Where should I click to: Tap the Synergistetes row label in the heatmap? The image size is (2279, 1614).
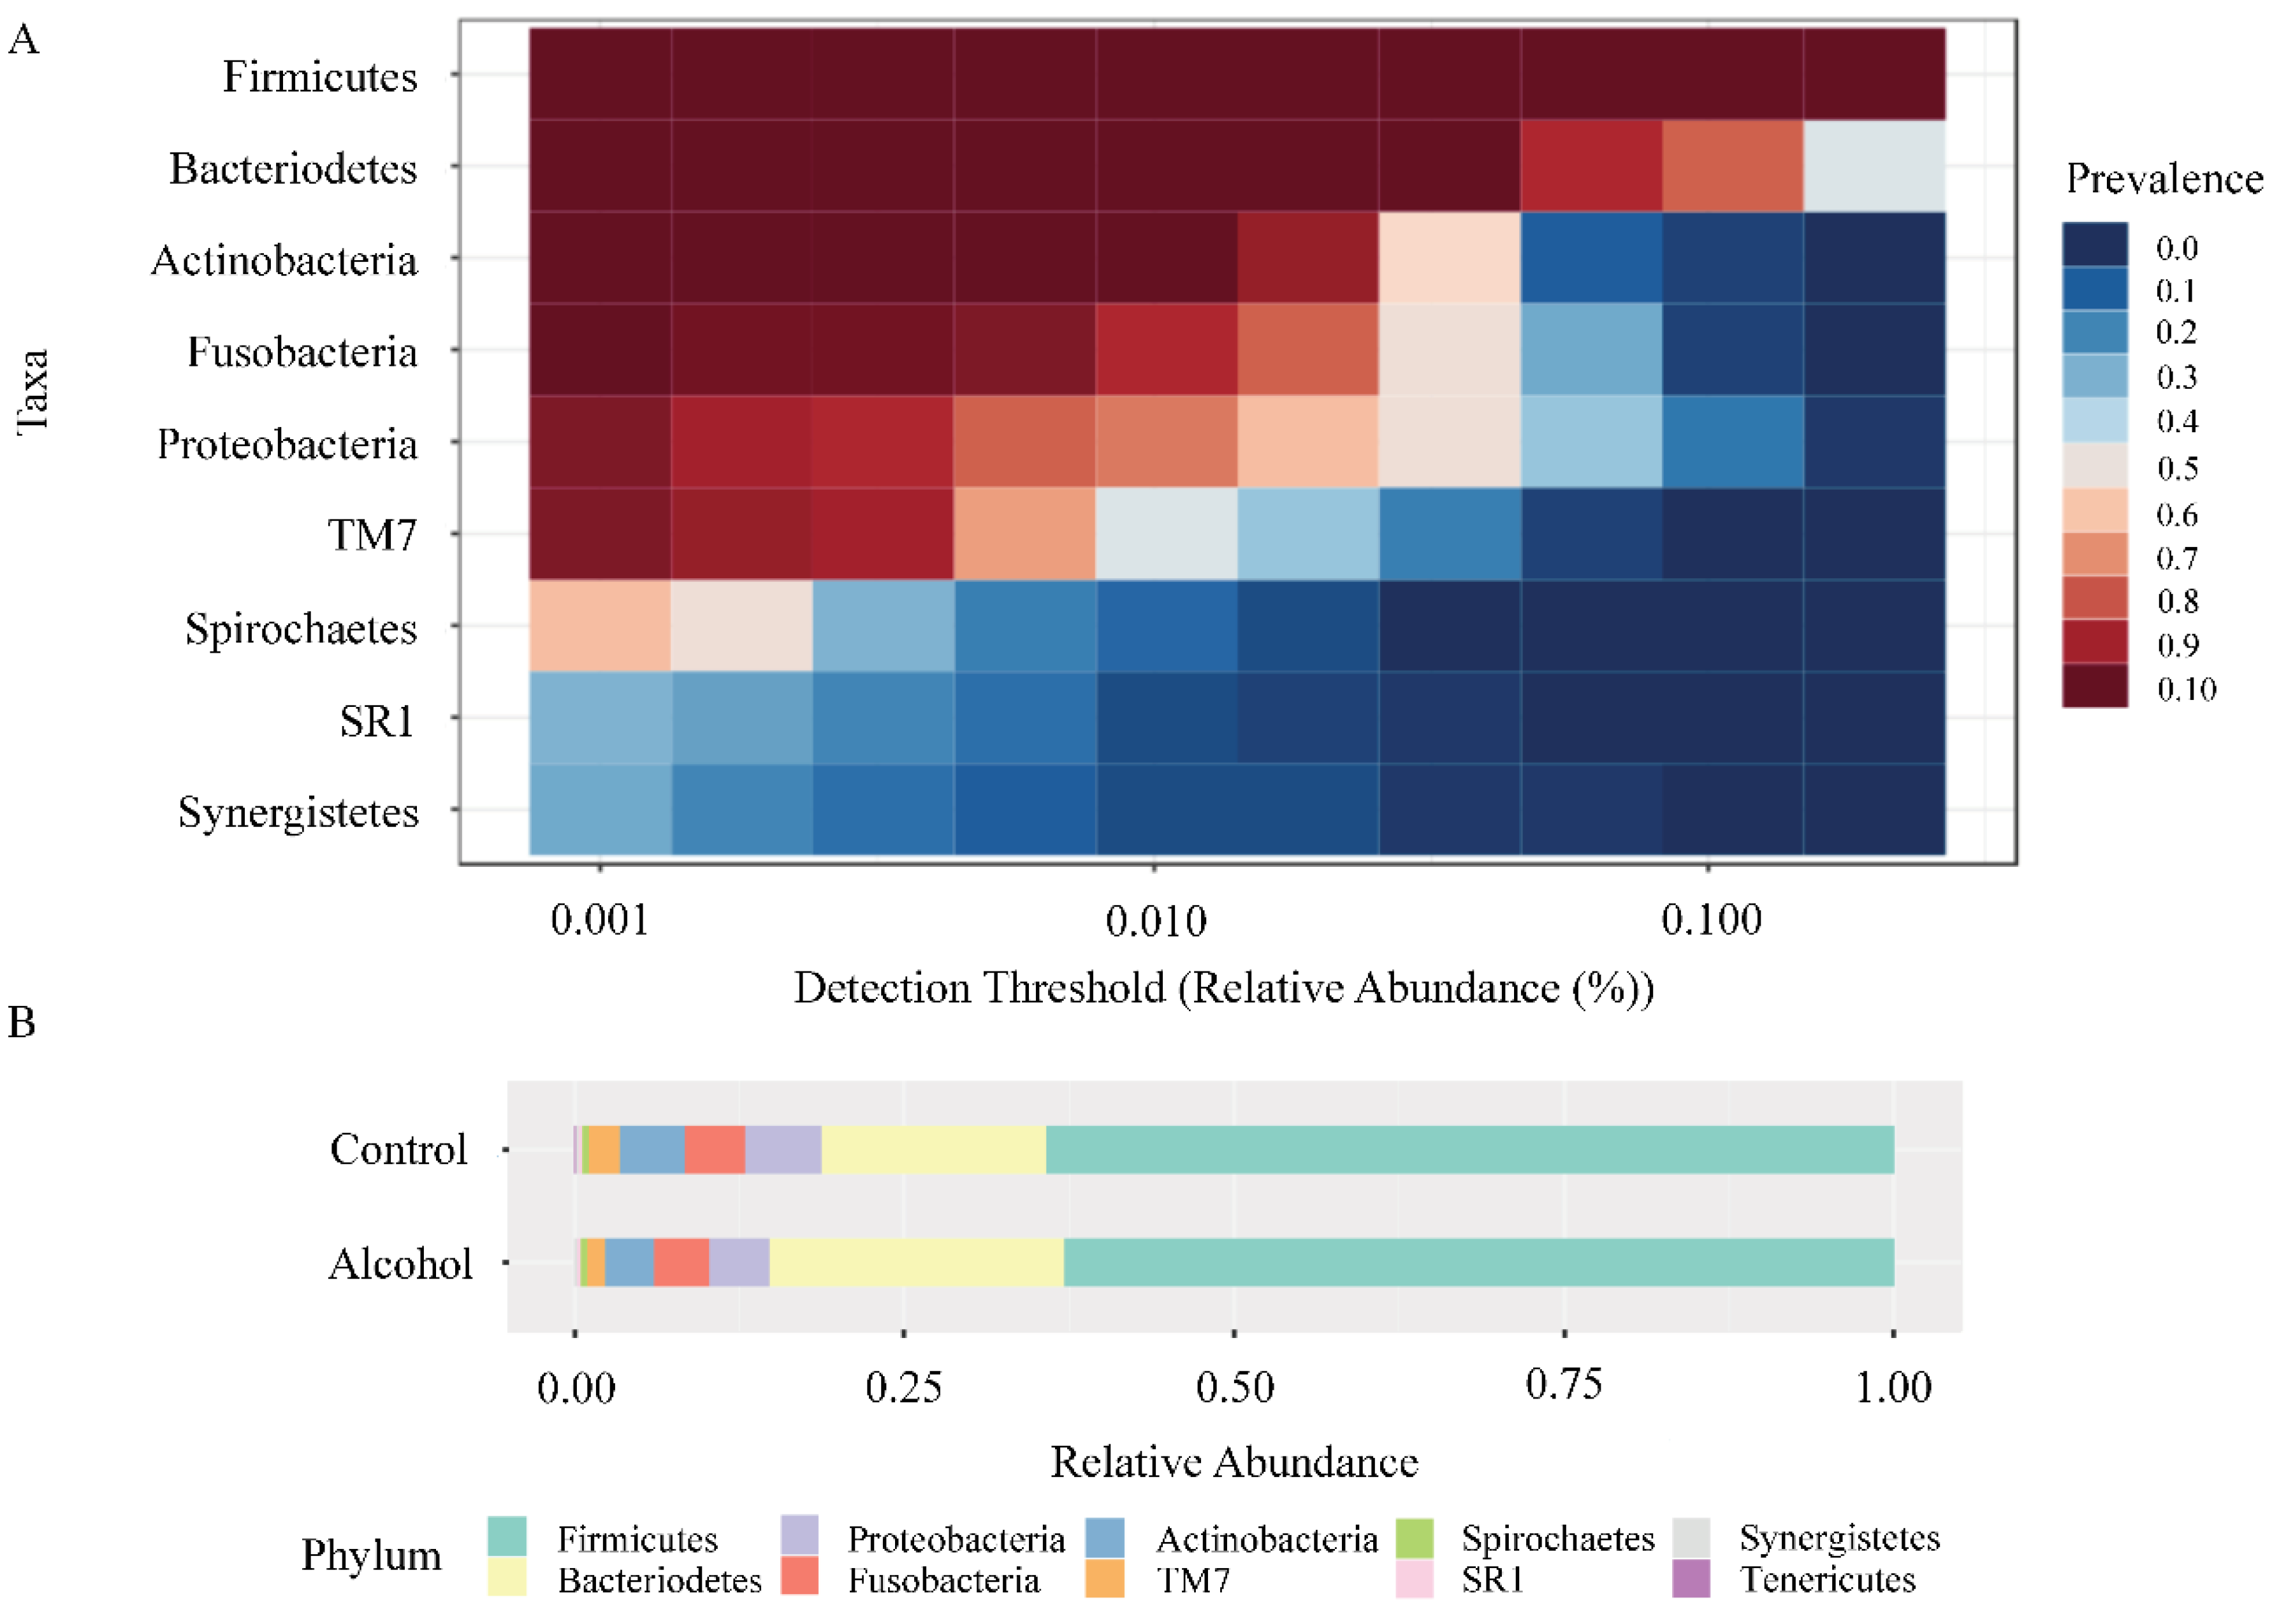pos(298,812)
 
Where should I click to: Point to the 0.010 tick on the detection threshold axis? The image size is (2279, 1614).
pos(1155,920)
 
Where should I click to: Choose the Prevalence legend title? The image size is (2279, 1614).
pos(2164,179)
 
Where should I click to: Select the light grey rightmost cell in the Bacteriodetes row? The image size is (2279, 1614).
pos(1874,166)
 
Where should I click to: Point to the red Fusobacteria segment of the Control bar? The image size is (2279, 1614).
pos(715,1150)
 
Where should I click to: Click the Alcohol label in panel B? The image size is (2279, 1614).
pos(400,1264)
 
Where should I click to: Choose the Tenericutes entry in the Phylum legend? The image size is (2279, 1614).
pos(1827,1579)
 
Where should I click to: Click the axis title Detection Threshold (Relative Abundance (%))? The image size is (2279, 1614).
pos(1223,988)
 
